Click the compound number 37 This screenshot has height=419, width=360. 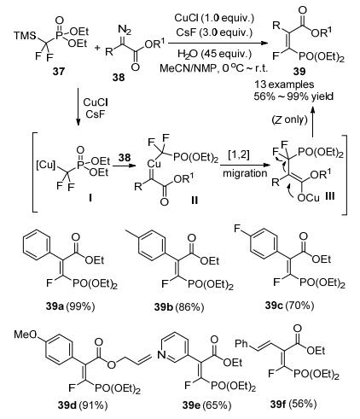point(58,71)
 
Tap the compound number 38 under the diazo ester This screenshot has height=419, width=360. point(119,77)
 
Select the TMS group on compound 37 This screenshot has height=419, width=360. point(25,36)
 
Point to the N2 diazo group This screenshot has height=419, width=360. point(125,30)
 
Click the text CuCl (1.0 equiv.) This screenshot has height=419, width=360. point(214,18)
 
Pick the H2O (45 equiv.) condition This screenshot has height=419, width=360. point(215,54)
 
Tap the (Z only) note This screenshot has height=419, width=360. point(290,119)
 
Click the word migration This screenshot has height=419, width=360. point(245,173)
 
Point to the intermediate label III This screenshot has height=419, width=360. point(329,196)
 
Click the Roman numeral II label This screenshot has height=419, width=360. point(195,201)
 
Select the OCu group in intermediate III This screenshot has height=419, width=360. point(308,197)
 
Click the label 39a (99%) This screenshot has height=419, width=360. point(70,306)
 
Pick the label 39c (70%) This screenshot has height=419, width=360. point(289,306)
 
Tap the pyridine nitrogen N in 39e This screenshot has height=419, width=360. point(161,355)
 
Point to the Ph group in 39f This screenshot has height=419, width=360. point(241,344)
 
